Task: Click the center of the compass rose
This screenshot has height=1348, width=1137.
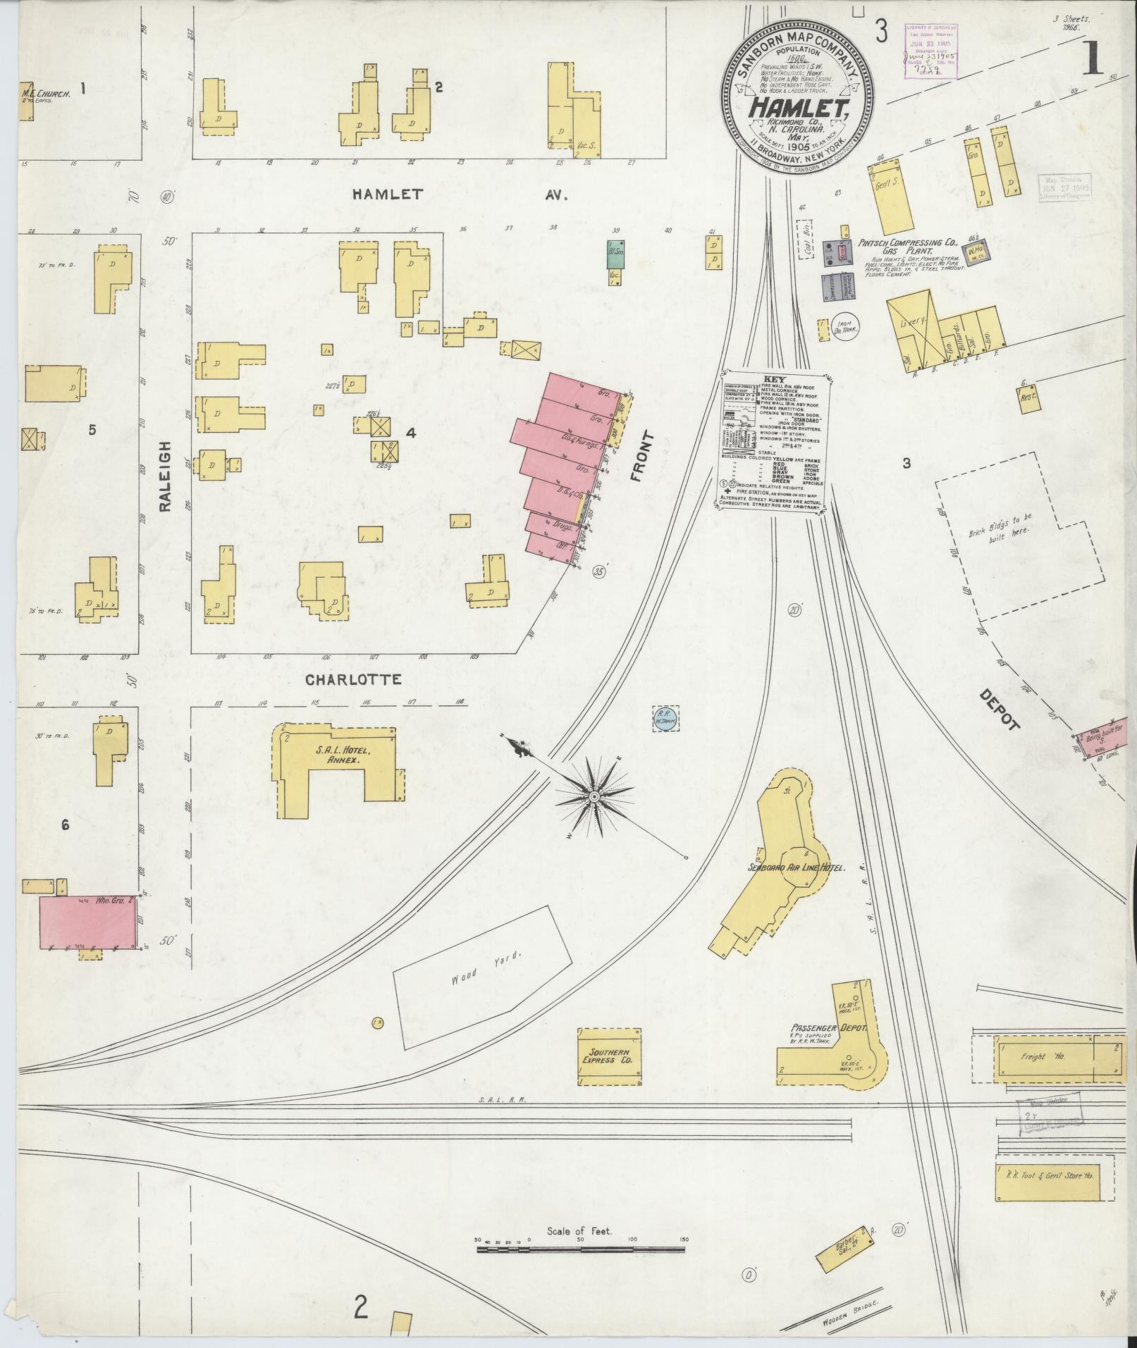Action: tap(594, 796)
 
